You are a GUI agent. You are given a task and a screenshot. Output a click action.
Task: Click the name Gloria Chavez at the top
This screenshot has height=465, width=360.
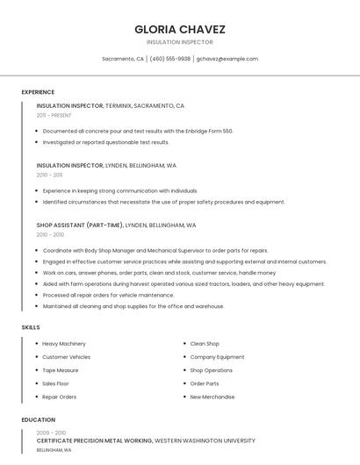pyautogui.click(x=179, y=29)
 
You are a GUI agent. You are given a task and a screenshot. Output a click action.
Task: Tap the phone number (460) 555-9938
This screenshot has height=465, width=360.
pyautogui.click(x=169, y=59)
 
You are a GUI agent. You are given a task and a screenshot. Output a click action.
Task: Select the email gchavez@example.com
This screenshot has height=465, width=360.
pyautogui.click(x=227, y=59)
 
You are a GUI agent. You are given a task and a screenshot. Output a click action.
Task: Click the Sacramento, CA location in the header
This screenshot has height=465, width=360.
pyautogui.click(x=122, y=59)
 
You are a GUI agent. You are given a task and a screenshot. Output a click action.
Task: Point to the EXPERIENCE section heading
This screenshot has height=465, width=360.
pyautogui.click(x=38, y=92)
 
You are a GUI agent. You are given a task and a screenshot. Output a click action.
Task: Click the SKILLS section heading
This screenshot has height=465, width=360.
pyautogui.click(x=31, y=327)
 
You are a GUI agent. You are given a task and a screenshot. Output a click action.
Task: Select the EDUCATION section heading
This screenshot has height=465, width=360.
pyautogui.click(x=38, y=419)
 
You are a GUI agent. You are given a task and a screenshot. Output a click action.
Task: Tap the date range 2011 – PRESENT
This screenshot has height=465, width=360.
pyautogui.click(x=54, y=115)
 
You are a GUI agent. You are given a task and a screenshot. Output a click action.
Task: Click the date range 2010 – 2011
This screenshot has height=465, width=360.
pyautogui.click(x=49, y=175)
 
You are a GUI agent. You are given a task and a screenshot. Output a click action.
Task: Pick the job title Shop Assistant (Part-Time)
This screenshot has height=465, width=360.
pyautogui.click(x=80, y=225)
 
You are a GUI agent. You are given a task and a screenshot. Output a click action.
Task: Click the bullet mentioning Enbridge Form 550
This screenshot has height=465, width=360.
pyautogui.click(x=138, y=131)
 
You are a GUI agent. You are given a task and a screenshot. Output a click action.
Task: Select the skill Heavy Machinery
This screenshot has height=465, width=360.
pyautogui.click(x=64, y=344)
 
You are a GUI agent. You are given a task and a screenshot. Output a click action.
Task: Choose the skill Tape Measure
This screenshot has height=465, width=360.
pyautogui.click(x=60, y=370)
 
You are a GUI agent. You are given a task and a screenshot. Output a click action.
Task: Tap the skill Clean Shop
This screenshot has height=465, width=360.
pyautogui.click(x=205, y=344)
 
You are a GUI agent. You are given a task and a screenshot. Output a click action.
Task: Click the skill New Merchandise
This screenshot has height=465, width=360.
pyautogui.click(x=212, y=397)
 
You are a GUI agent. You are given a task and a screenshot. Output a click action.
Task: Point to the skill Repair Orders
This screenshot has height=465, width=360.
pyautogui.click(x=60, y=397)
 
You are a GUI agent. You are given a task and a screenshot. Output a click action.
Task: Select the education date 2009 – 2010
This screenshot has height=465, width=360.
pyautogui.click(x=51, y=433)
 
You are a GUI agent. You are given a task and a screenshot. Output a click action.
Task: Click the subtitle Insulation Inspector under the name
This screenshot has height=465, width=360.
pyautogui.click(x=179, y=42)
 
